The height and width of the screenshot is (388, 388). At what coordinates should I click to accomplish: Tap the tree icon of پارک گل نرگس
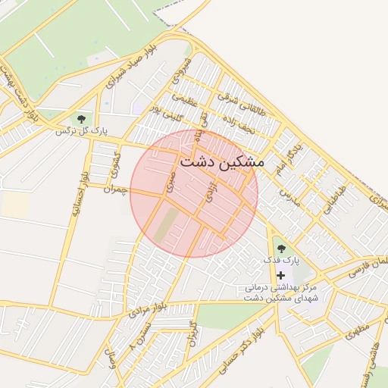[80, 118]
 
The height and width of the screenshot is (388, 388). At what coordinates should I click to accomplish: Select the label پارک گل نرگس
[81, 131]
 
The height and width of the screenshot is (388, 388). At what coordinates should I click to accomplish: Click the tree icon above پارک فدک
[281, 248]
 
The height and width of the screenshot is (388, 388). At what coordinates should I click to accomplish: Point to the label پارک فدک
[281, 260]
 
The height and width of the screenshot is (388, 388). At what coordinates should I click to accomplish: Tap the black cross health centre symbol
[281, 275]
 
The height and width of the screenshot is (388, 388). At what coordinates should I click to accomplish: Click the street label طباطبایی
[333, 198]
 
